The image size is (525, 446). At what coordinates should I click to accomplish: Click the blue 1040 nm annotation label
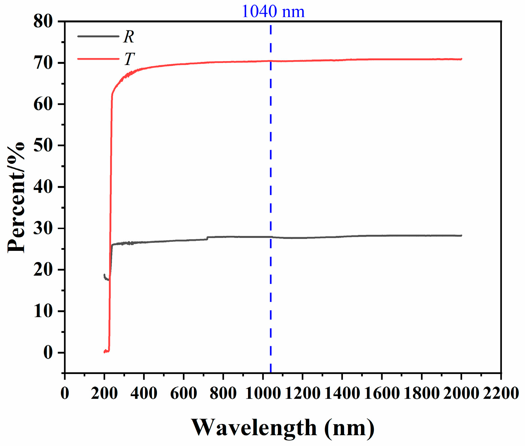coord(273,12)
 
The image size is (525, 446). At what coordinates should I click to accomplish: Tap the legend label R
coord(129,37)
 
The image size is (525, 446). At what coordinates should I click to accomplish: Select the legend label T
coord(129,59)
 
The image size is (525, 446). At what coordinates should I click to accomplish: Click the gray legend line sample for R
coord(98,36)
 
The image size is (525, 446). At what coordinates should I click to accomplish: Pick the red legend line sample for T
coord(98,59)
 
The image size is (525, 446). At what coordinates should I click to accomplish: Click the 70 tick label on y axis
coord(43,63)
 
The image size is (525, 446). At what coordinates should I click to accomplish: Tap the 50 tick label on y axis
coord(43,145)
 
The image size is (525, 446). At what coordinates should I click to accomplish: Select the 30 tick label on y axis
coord(43,228)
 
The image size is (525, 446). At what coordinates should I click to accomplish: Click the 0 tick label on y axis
coord(48,353)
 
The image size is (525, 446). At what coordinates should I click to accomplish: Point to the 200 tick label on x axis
coord(104,393)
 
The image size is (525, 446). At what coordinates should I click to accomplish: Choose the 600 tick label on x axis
coord(183,393)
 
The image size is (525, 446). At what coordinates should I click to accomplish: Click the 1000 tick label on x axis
coord(263,393)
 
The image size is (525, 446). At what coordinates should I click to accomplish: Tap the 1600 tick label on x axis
coord(382,393)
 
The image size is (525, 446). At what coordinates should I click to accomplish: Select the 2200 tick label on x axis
coord(501,393)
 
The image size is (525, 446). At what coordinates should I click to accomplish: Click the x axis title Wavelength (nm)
coord(283,428)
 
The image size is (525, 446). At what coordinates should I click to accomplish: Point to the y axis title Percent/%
coord(16,197)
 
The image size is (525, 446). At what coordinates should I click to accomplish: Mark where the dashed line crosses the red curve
coord(270,61)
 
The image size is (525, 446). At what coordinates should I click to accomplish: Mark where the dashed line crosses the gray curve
coord(270,237)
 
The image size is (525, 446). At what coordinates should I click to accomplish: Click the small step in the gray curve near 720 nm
coord(207,238)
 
